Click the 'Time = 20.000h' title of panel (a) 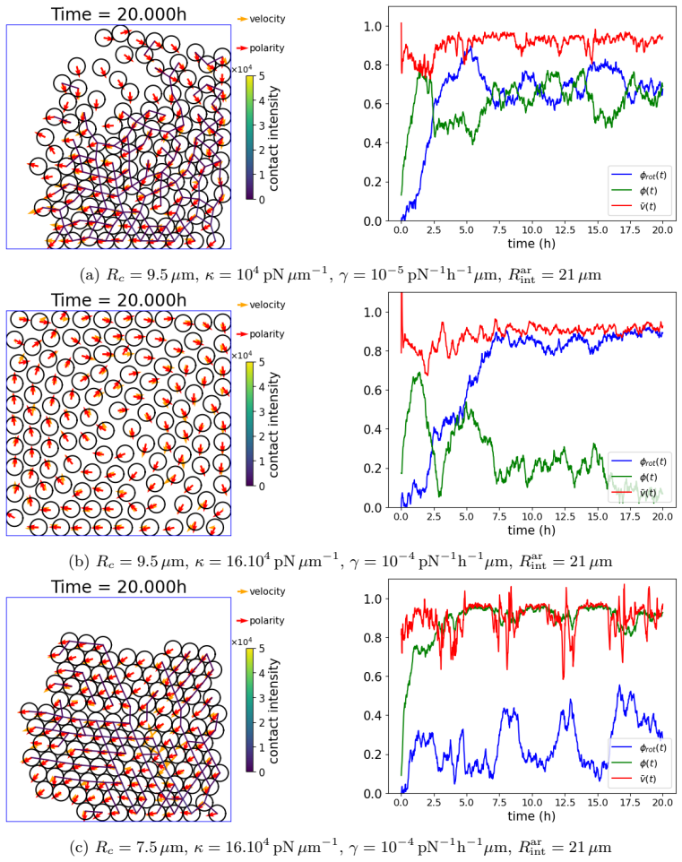[x=119, y=13]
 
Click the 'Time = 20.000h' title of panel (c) [x=119, y=587]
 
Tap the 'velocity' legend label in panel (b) [x=267, y=306]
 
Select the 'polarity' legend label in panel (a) [x=267, y=48]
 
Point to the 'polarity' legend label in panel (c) [x=267, y=621]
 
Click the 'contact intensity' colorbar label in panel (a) [x=274, y=138]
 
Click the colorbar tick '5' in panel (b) [x=262, y=362]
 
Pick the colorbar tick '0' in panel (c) [x=262, y=772]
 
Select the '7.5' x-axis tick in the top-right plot [x=499, y=229]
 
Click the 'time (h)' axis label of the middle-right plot [x=531, y=530]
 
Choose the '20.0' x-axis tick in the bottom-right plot [x=663, y=803]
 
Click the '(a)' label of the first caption [x=89, y=275]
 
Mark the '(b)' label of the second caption [x=78, y=562]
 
